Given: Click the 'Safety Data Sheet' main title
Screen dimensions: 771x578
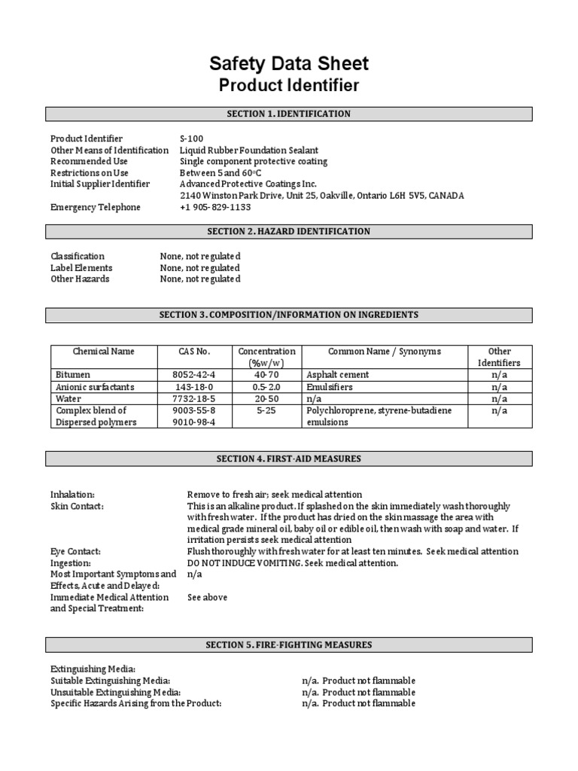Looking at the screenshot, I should coord(289,63).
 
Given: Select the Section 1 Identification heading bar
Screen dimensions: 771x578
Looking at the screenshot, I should coord(289,114).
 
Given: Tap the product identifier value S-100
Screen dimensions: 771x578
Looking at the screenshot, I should coord(191,139).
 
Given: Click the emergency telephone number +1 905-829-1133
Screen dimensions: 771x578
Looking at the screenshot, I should coord(215,207).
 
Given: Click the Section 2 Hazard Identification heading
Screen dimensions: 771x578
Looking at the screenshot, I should coord(289,231).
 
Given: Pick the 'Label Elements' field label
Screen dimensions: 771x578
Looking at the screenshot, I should coord(81,268).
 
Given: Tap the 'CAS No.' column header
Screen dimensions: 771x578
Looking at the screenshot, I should coord(194,352).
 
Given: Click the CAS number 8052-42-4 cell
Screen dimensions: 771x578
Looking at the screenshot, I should coord(194,374).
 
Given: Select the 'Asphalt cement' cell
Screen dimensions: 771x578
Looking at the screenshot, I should coord(336,374).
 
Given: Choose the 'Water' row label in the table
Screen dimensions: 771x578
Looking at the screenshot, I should coord(68,398).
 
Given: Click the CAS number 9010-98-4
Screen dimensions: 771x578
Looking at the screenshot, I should coord(194,422).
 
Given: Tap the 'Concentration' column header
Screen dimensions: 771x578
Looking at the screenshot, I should coord(267,352).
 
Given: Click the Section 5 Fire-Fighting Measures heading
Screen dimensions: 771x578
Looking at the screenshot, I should coord(289,645).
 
